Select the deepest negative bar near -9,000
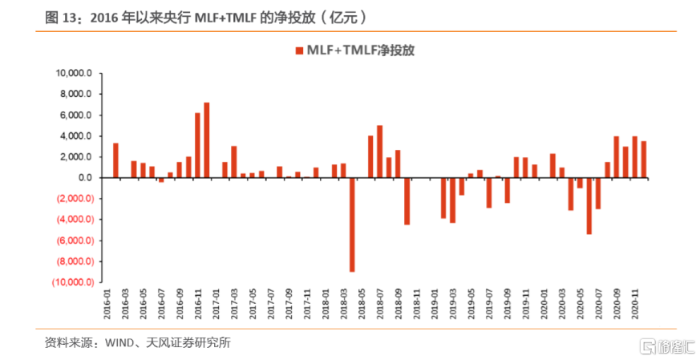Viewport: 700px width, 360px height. [x=352, y=224]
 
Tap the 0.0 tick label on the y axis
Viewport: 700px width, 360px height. [x=86, y=178]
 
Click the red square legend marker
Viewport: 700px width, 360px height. [x=300, y=51]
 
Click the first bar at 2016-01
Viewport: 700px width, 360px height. [x=116, y=160]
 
